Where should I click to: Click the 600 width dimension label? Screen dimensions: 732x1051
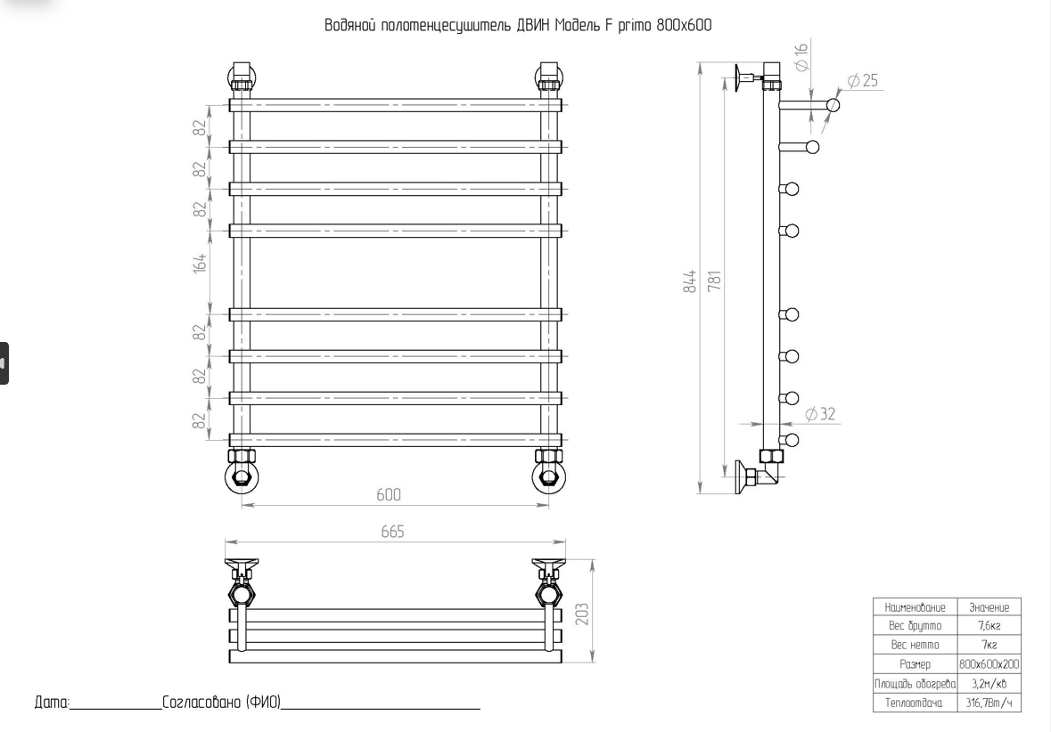(388, 495)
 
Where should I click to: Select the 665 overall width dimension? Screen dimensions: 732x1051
(392, 532)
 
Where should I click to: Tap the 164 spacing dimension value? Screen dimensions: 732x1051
(201, 263)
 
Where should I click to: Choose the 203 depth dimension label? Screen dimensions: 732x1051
(582, 614)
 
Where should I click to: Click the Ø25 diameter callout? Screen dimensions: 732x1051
(862, 81)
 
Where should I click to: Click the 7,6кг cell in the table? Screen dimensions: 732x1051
(989, 626)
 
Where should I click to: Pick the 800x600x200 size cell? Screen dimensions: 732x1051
(989, 664)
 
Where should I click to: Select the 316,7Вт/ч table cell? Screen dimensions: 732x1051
(989, 704)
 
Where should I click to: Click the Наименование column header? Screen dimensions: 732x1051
(915, 607)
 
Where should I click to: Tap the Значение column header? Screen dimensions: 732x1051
(989, 607)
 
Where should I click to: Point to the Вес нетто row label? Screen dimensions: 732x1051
(915, 645)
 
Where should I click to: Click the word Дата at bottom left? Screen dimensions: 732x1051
(51, 703)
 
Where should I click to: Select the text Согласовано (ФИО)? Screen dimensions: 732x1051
(221, 703)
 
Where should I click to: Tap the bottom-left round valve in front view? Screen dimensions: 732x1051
(240, 477)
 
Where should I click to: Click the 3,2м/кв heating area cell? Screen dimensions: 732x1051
(989, 684)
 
